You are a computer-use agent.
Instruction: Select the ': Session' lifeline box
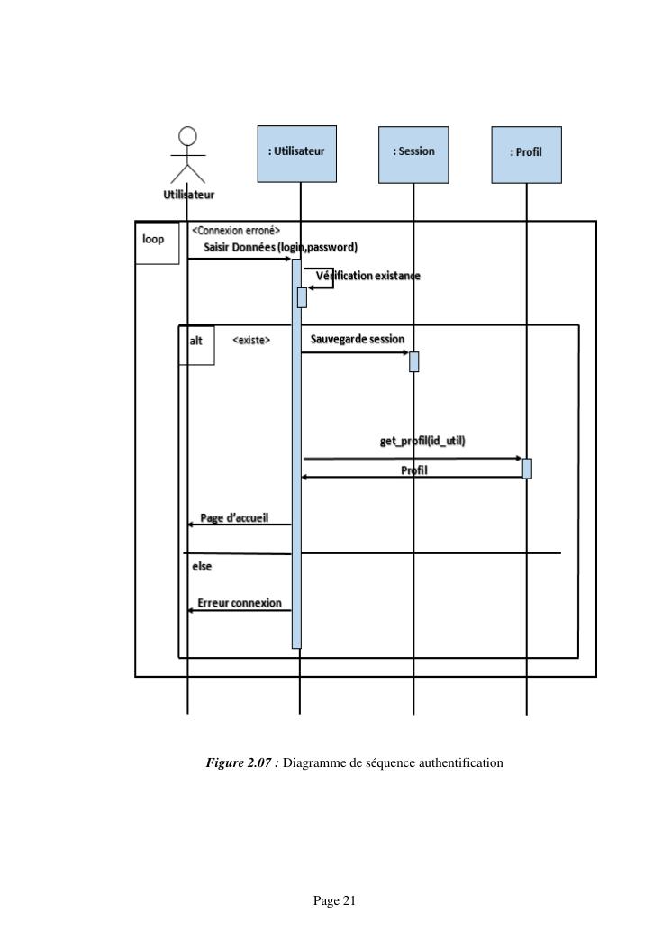pyautogui.click(x=413, y=154)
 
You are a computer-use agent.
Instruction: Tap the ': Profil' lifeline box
pyautogui.click(x=526, y=154)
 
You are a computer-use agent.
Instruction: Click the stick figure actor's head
pyautogui.click(x=187, y=136)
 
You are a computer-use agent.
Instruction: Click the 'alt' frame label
pyautogui.click(x=196, y=342)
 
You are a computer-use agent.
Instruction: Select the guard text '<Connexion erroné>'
pyautogui.click(x=235, y=231)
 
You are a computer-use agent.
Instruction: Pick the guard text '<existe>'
pyautogui.click(x=251, y=341)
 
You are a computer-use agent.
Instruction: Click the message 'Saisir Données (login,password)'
pyautogui.click(x=281, y=247)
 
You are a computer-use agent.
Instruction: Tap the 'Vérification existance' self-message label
pyautogui.click(x=367, y=275)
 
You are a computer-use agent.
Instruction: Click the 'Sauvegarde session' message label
pyautogui.click(x=358, y=339)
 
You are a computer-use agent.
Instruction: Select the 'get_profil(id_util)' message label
pyautogui.click(x=422, y=441)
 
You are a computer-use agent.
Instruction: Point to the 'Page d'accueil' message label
pyautogui.click(x=234, y=517)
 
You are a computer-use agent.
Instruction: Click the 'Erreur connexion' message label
pyautogui.click(x=239, y=602)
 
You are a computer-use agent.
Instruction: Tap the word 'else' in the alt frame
pyautogui.click(x=202, y=567)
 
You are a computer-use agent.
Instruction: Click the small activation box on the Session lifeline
pyautogui.click(x=414, y=361)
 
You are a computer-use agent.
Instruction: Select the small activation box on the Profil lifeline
pyautogui.click(x=527, y=469)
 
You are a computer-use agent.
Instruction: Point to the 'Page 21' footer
pyautogui.click(x=335, y=900)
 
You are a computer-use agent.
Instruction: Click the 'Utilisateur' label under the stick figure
pyautogui.click(x=188, y=194)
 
